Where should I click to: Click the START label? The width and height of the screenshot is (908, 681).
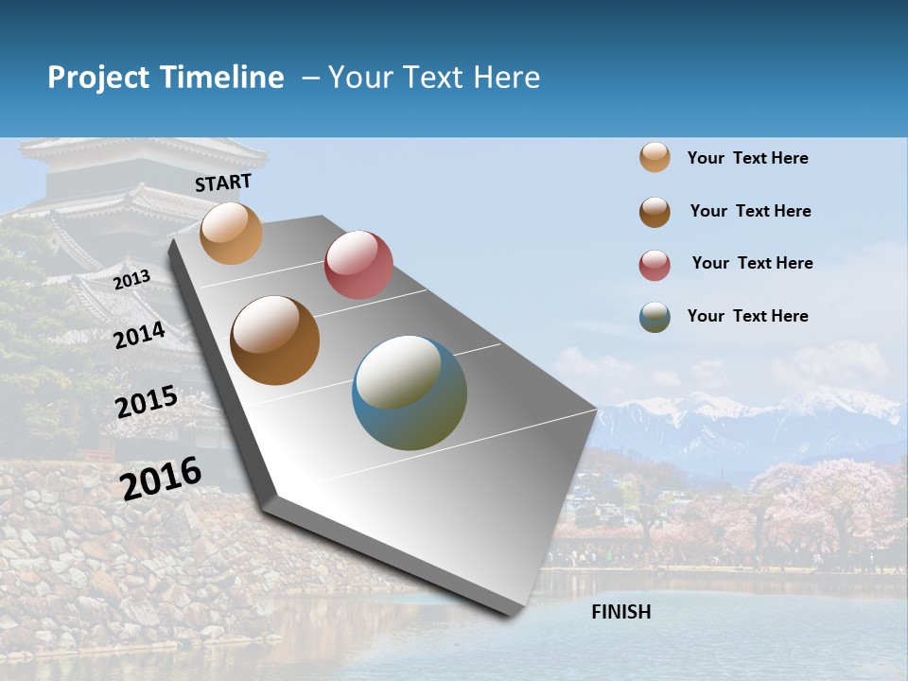pos(223,183)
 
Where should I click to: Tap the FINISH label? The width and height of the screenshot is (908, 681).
pos(620,612)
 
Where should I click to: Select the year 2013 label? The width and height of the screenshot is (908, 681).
pos(131,280)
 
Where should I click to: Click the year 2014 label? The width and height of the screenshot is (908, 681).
pos(139,336)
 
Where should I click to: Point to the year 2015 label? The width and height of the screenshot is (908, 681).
pos(146,403)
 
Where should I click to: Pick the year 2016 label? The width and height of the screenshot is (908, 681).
pos(161,478)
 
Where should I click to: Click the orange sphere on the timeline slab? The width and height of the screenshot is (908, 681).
pos(231,233)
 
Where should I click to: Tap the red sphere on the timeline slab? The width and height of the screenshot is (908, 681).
pos(358,264)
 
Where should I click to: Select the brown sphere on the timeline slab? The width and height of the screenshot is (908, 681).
pos(275,340)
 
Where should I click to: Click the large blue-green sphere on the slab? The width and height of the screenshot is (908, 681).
pos(410,393)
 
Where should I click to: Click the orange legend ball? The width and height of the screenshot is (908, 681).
pos(655,158)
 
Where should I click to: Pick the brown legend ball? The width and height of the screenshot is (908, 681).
pos(655,212)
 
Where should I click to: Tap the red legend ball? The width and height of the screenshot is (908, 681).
pos(655,265)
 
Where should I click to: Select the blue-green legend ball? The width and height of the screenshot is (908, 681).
pos(655,317)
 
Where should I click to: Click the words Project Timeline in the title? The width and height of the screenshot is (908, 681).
pos(166,78)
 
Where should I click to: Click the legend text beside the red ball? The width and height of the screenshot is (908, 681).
pos(752,263)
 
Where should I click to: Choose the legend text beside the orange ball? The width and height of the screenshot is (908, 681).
pos(747,158)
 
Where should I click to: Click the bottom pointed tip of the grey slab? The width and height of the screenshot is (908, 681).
pos(512,614)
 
